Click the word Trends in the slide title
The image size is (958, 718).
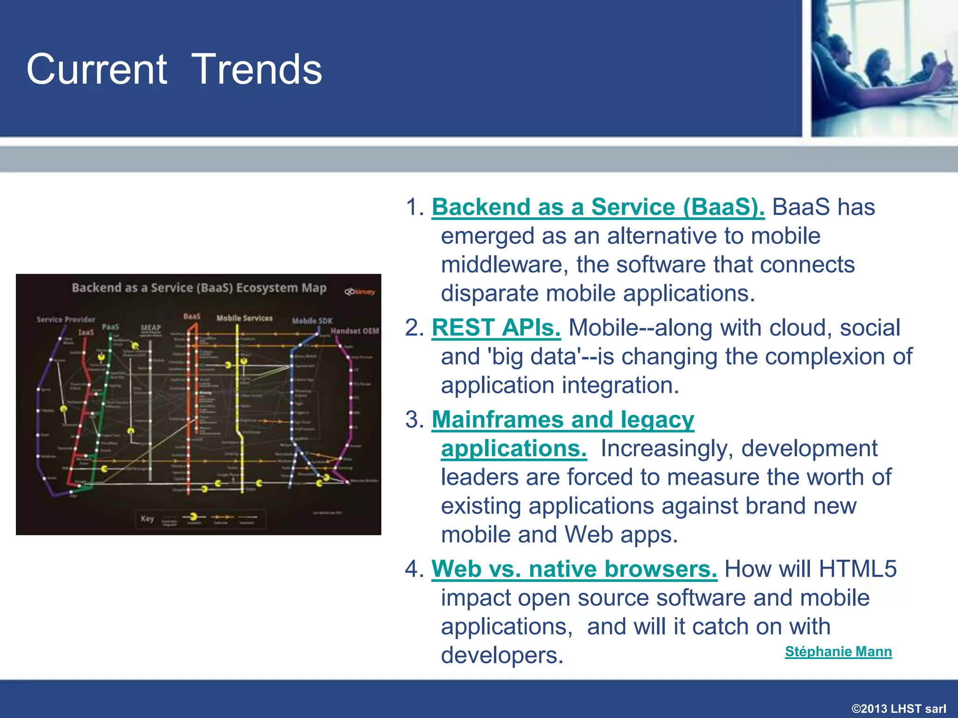coord(257,69)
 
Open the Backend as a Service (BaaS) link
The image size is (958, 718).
coord(598,207)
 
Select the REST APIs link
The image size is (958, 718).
coord(496,328)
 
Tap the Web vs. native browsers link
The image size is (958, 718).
coord(574,569)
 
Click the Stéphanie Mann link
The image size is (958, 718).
coord(838,651)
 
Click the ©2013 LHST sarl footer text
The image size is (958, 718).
coord(899,708)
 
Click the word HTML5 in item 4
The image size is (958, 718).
coord(857,569)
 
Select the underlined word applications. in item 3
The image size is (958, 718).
coord(514,448)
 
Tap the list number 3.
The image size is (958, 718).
coord(414,419)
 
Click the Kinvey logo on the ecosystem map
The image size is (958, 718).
coord(360,292)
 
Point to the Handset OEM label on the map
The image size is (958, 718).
coord(355,331)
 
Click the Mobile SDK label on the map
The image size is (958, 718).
coord(312,321)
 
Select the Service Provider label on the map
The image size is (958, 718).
coord(66,320)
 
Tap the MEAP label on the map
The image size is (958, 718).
coord(151,328)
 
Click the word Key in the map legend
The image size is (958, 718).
coord(147,518)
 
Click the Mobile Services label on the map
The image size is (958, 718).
coord(244,318)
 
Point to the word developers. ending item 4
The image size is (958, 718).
coord(502,655)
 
